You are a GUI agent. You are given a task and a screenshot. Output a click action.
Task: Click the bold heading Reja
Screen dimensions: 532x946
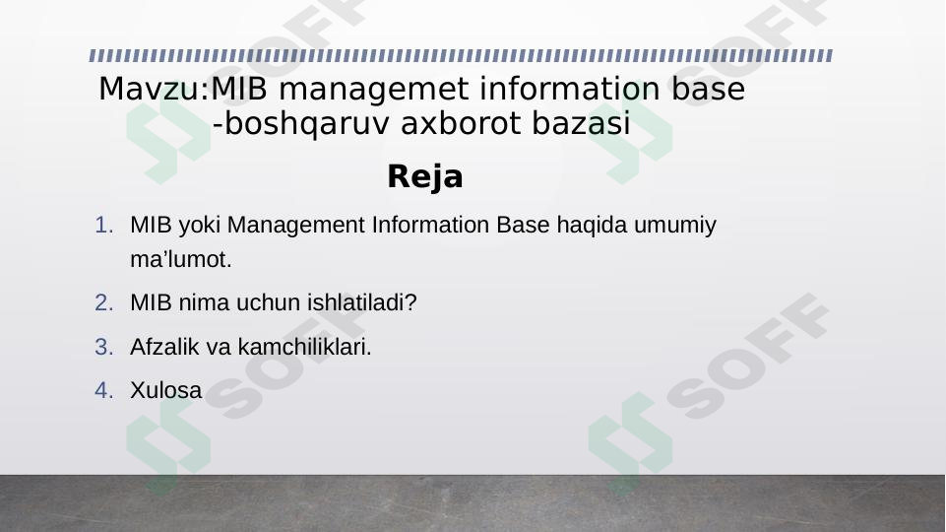pyautogui.click(x=424, y=177)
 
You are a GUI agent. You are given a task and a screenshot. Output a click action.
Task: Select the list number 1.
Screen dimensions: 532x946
pyautogui.click(x=104, y=226)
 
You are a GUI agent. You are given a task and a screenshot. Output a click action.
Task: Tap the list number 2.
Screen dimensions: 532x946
pyautogui.click(x=104, y=302)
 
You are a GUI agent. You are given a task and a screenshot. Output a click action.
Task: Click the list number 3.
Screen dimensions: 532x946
pyautogui.click(x=104, y=347)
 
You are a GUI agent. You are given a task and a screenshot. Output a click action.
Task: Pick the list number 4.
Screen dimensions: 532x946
pyautogui.click(x=104, y=390)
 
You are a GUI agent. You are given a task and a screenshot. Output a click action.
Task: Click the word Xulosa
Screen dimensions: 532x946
pyautogui.click(x=165, y=390)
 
